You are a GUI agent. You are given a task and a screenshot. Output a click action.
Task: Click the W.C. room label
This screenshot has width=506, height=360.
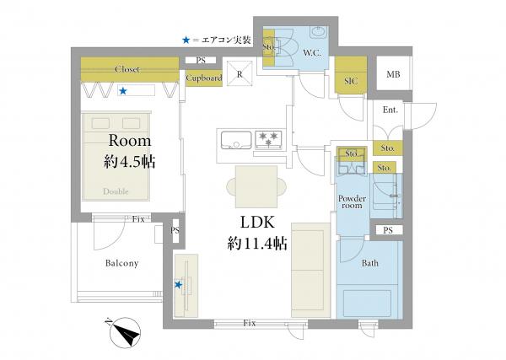(312, 53)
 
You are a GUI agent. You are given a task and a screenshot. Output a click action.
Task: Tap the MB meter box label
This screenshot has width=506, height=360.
(393, 74)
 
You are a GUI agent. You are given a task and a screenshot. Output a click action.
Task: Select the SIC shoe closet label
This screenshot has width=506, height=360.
(351, 81)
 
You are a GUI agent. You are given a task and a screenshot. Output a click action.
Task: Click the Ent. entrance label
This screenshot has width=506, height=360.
(390, 110)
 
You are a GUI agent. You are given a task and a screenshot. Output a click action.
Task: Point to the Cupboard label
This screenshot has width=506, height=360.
(204, 78)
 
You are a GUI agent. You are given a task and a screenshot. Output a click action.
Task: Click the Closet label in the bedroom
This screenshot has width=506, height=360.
(127, 69)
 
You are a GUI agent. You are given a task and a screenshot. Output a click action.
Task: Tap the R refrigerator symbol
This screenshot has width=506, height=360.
(240, 74)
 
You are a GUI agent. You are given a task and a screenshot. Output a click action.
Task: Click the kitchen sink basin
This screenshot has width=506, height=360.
(236, 140)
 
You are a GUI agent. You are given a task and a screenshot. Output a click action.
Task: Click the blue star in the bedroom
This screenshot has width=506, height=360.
(122, 91)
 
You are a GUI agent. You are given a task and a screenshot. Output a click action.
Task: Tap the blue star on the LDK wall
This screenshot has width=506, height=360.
(178, 285)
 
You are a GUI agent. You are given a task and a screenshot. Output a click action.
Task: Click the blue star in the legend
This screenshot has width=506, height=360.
(186, 40)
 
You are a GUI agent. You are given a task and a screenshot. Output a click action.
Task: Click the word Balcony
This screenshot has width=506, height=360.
(122, 263)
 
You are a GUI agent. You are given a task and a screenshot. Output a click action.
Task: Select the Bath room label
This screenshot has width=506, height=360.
(370, 263)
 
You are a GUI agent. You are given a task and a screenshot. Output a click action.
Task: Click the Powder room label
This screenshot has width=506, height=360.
(352, 202)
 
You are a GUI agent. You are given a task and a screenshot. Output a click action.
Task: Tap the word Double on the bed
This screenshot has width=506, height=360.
(116, 191)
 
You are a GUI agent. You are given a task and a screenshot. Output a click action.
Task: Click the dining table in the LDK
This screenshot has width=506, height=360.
(256, 187)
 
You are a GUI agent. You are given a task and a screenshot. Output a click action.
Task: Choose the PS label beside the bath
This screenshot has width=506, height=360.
(388, 230)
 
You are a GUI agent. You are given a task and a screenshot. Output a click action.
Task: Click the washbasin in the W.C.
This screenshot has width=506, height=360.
(319, 32)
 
